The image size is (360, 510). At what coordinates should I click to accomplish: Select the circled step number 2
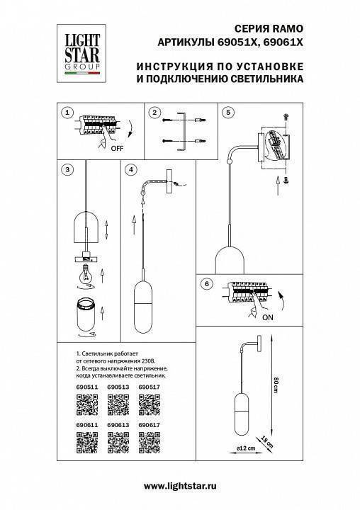pyautogui.click(x=155, y=113)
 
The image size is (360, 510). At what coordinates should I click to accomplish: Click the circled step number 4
pyautogui.click(x=130, y=170)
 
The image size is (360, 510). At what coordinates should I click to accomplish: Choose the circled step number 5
pyautogui.click(x=227, y=113)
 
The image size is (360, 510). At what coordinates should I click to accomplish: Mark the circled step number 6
pyautogui.click(x=206, y=285)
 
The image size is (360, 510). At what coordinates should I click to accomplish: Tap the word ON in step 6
pyautogui.click(x=266, y=318)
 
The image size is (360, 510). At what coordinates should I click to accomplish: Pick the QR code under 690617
pyautogui.click(x=148, y=443)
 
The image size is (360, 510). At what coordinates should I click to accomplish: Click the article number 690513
pyautogui.click(x=118, y=387)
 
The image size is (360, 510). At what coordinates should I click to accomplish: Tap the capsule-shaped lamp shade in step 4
pyautogui.click(x=144, y=305)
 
